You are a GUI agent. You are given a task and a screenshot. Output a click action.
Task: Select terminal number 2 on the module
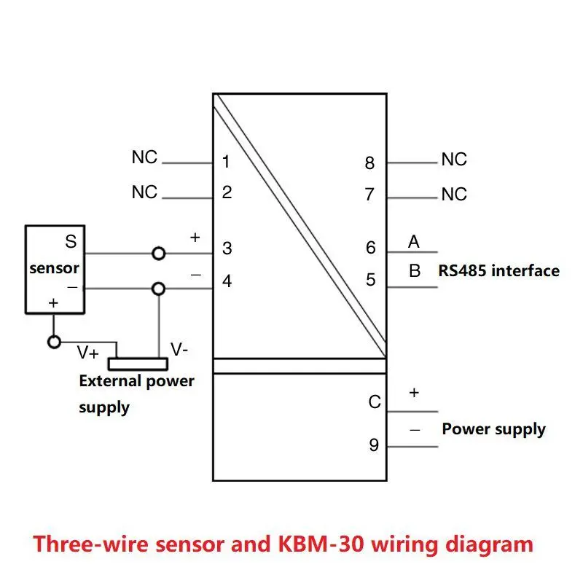tap(227, 193)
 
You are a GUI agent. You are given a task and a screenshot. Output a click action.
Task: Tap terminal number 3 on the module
tap(227, 249)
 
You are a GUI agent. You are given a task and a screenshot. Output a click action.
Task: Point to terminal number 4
tap(227, 281)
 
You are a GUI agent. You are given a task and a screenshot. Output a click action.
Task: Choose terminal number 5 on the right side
tap(371, 280)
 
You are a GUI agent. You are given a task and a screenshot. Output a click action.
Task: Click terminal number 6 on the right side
tap(371, 249)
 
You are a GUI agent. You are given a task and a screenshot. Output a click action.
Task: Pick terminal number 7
tap(370, 195)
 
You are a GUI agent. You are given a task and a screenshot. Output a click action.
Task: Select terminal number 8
tap(370, 163)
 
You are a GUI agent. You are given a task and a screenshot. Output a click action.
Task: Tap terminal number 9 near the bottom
tap(374, 445)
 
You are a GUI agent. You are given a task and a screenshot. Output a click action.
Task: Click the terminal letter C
tap(374, 402)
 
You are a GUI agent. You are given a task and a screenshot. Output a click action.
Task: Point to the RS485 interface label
tap(498, 271)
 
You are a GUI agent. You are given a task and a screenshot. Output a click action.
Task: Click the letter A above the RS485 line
tap(414, 241)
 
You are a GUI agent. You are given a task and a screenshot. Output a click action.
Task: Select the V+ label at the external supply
tap(89, 353)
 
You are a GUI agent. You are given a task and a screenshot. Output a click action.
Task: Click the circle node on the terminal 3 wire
tap(158, 254)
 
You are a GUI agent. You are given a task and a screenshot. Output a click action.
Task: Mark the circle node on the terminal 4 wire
tap(158, 289)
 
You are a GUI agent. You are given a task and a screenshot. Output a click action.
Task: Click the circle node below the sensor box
tap(53, 341)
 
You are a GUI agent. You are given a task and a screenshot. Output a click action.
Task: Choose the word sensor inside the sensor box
tap(54, 268)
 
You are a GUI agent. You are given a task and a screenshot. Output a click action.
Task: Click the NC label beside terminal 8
tap(454, 160)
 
